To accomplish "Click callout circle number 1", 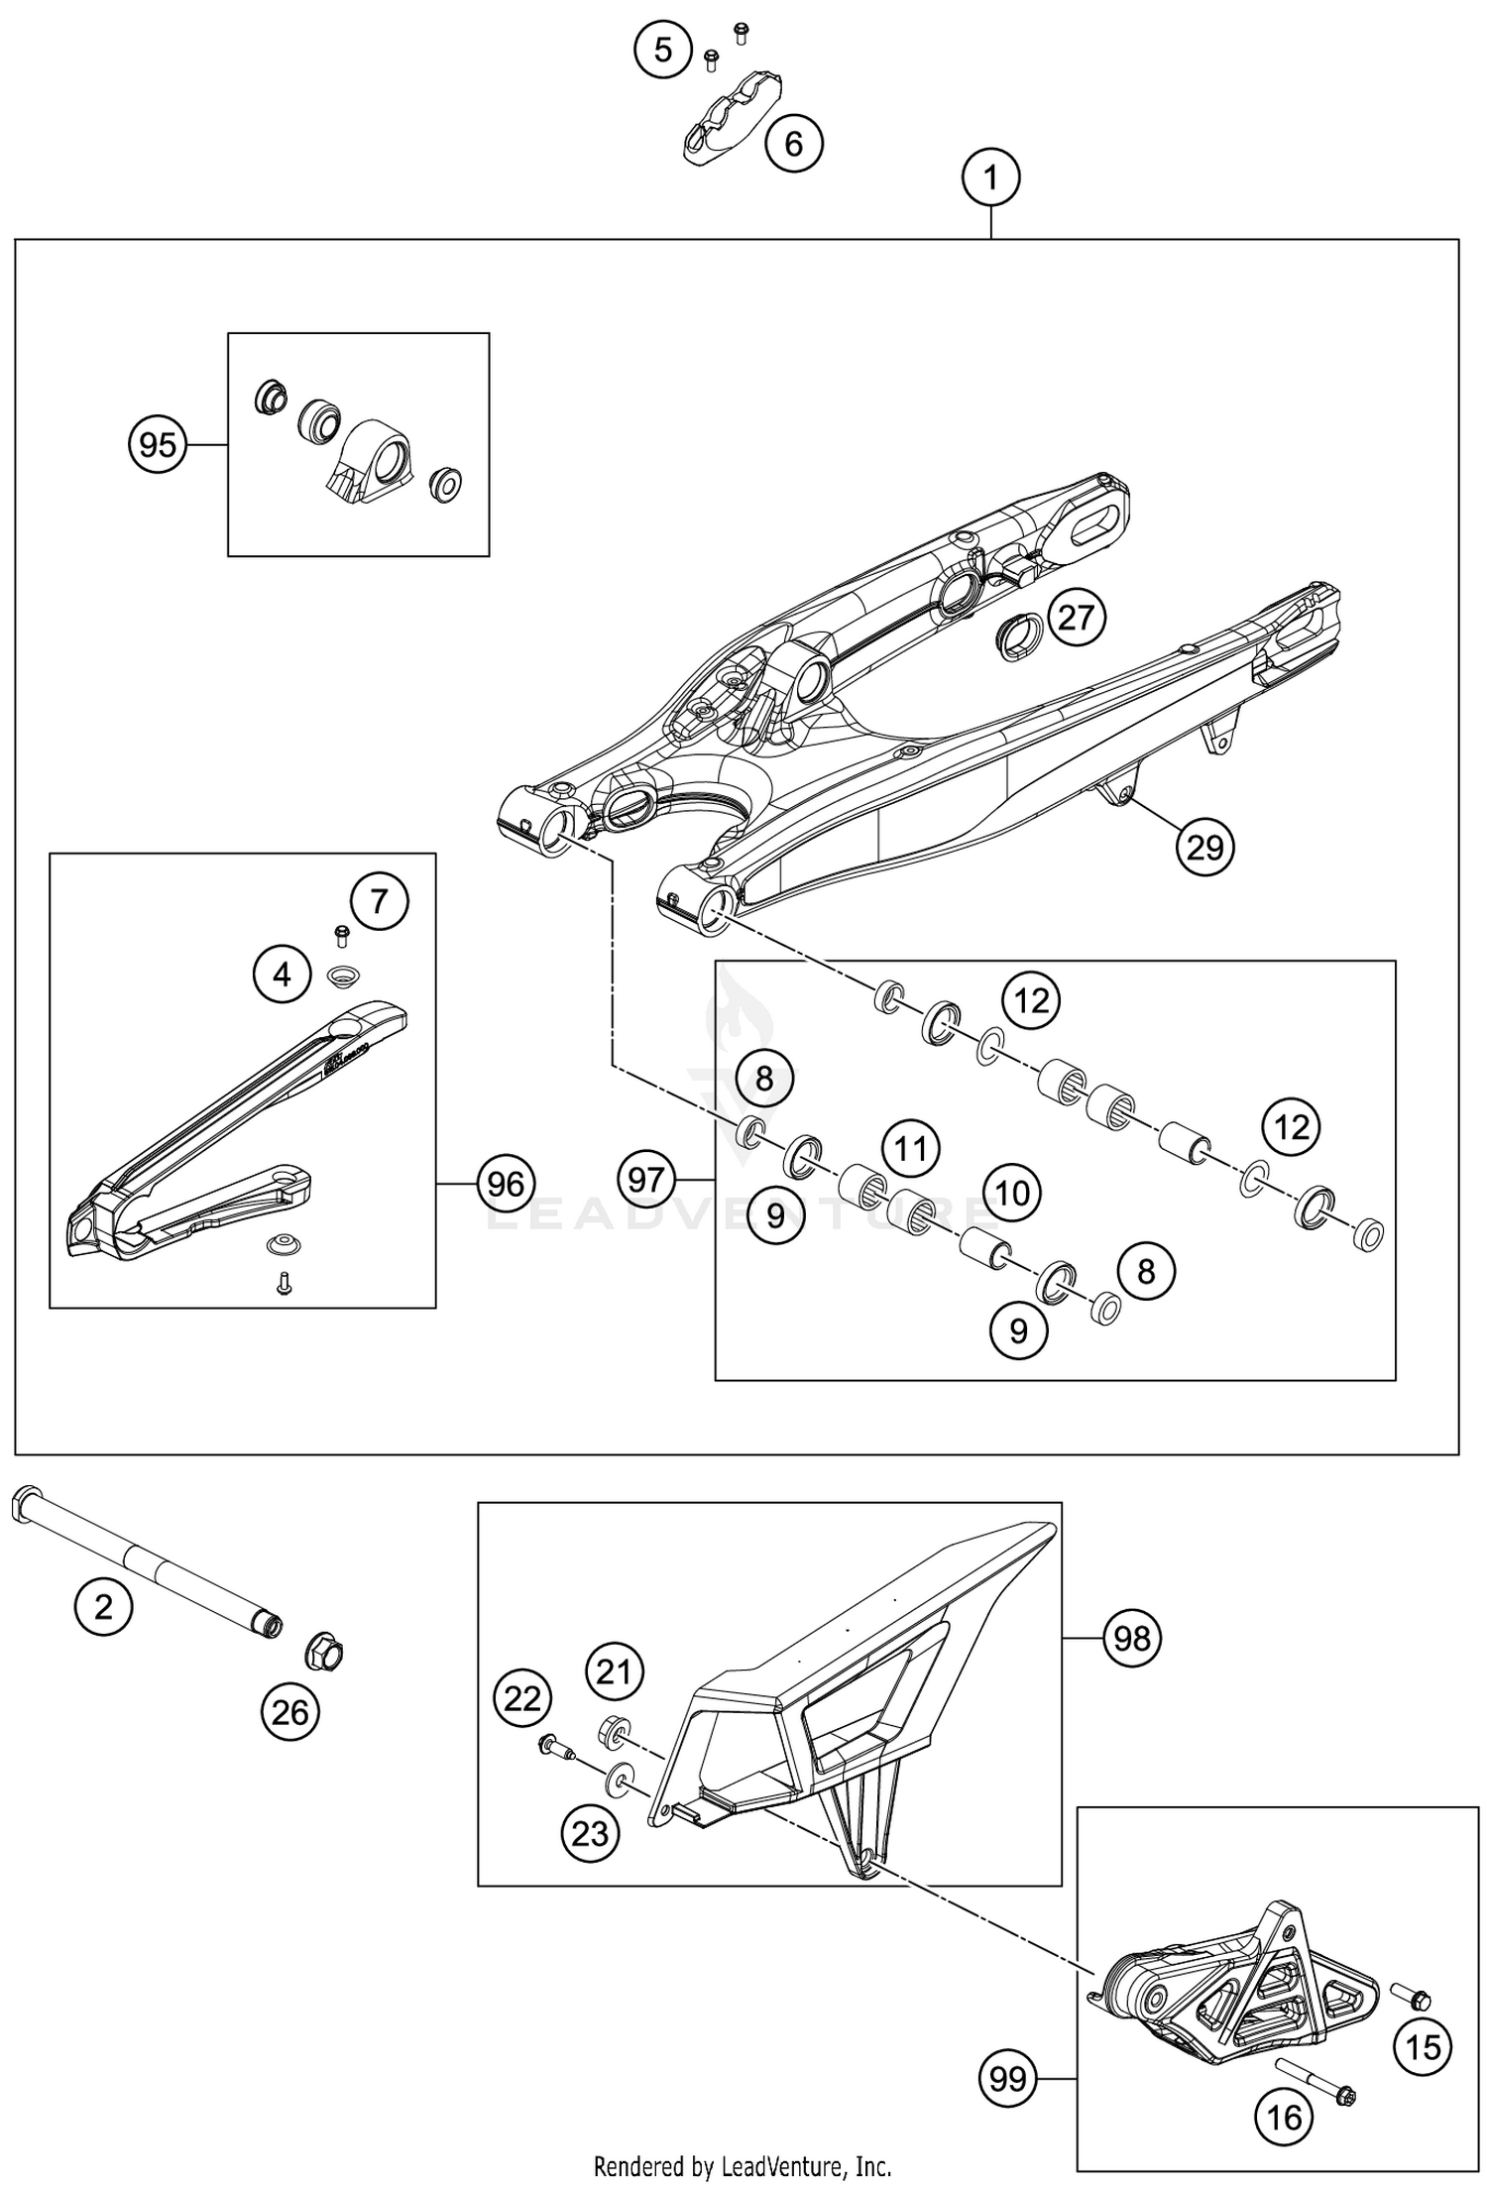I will pyautogui.click(x=990, y=179).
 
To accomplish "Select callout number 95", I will pyautogui.click(x=159, y=445).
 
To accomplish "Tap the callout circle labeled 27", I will pyautogui.click(x=1076, y=618).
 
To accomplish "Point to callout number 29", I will pyautogui.click(x=1204, y=848).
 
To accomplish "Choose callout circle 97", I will pyautogui.click(x=646, y=1180).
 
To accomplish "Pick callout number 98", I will pyautogui.click(x=1132, y=1638).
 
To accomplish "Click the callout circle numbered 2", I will pyautogui.click(x=104, y=1606).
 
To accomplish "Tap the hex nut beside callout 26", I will pyautogui.click(x=323, y=1652).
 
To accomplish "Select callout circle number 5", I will pyautogui.click(x=663, y=50).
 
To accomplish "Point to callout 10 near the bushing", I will pyautogui.click(x=1012, y=1193).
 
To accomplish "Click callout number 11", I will pyautogui.click(x=911, y=1149).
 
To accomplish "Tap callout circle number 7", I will pyautogui.click(x=379, y=901).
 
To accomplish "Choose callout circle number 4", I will pyautogui.click(x=283, y=976).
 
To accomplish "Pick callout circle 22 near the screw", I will pyautogui.click(x=522, y=1699).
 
